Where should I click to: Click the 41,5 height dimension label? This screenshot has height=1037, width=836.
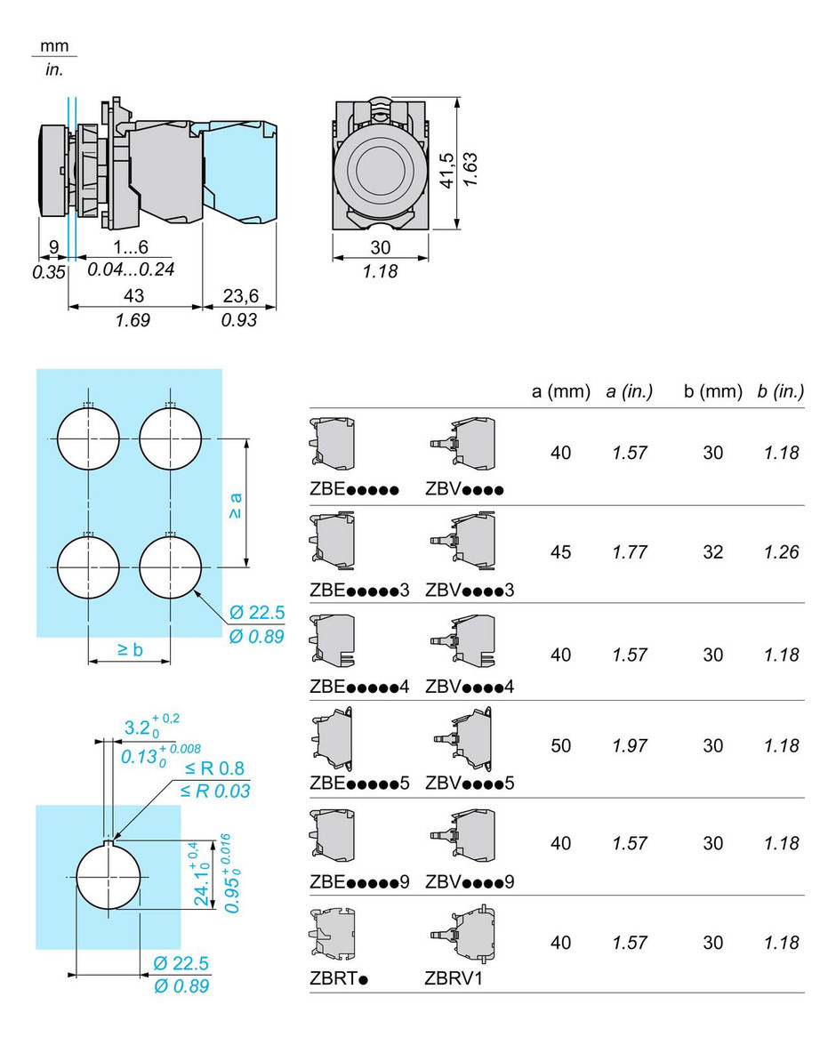(446, 170)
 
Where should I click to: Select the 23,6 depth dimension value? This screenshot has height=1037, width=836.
(238, 295)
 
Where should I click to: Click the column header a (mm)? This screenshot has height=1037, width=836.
(561, 391)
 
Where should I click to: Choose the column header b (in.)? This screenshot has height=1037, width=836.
(780, 391)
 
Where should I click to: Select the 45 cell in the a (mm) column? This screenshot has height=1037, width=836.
(561, 552)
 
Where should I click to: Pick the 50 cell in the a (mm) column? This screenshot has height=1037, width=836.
(561, 746)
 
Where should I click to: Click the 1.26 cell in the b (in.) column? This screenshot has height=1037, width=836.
(781, 552)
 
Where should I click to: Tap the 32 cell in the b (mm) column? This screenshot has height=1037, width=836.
(713, 552)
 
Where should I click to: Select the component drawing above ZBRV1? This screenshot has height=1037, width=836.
(461, 937)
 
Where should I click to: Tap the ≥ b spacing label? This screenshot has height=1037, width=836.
(129, 649)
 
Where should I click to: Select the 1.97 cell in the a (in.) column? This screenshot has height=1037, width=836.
(630, 746)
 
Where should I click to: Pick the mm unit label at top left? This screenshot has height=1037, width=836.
(54, 47)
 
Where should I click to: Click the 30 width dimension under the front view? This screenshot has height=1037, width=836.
(380, 248)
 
